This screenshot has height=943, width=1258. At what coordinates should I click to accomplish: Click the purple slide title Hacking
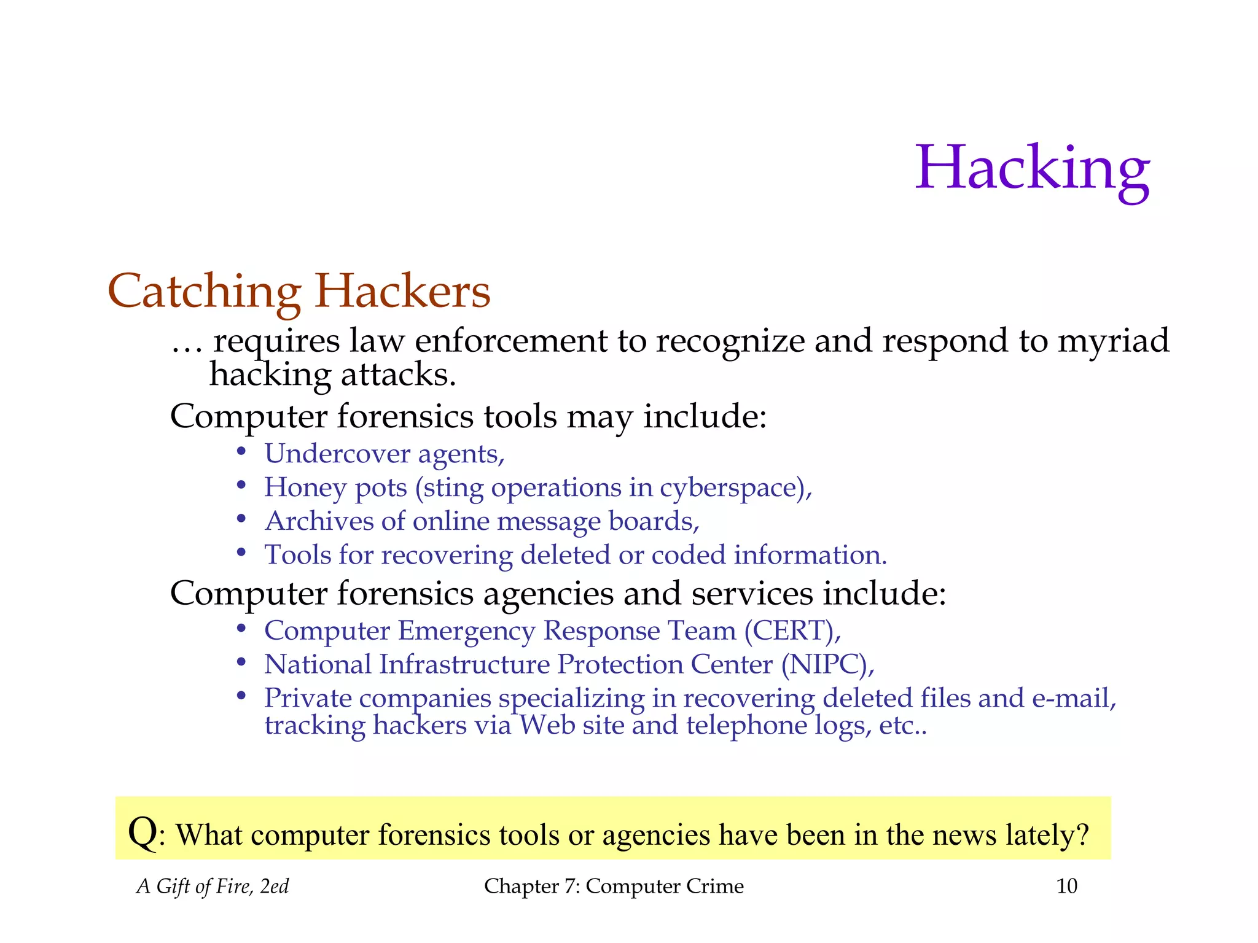pyautogui.click(x=1032, y=168)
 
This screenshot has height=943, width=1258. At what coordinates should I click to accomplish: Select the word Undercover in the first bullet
pyautogui.click(x=337, y=454)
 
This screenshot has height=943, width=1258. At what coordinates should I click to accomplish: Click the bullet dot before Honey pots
pyautogui.click(x=241, y=486)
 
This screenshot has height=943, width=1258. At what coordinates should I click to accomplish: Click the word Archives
pyautogui.click(x=319, y=521)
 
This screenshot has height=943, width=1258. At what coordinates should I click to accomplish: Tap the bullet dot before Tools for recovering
pyautogui.click(x=241, y=553)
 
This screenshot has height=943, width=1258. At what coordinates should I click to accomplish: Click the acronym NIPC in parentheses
pyautogui.click(x=827, y=665)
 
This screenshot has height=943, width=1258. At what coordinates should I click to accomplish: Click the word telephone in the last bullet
pyautogui.click(x=746, y=726)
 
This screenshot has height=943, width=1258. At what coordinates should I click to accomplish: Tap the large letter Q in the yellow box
pyautogui.click(x=142, y=833)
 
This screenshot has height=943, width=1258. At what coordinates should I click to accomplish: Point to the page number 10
pyautogui.click(x=1066, y=886)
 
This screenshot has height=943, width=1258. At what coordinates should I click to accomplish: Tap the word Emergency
pyautogui.click(x=466, y=632)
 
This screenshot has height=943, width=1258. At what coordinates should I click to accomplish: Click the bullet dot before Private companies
pyautogui.click(x=241, y=696)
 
